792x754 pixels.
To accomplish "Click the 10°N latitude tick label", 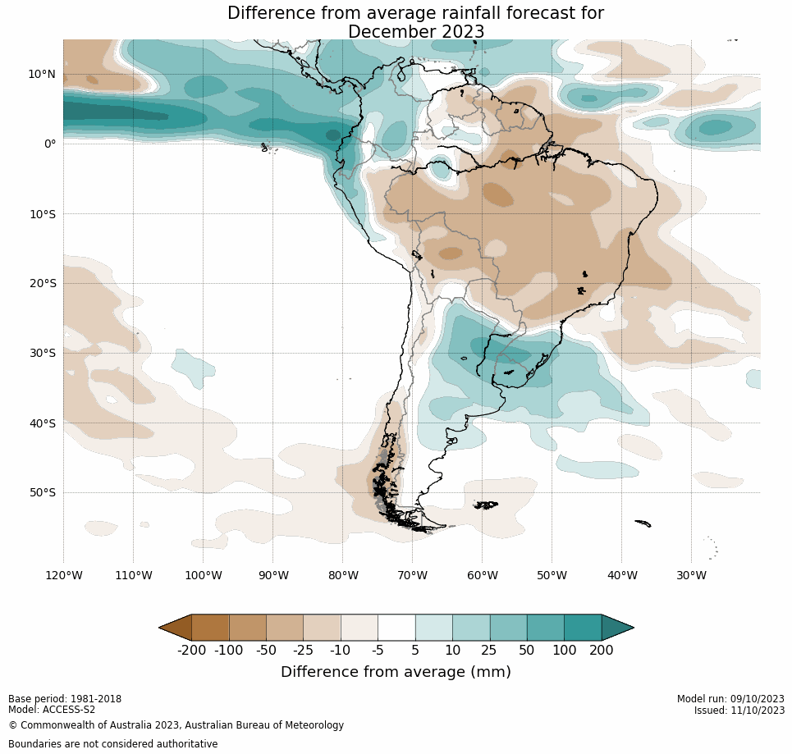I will click(x=42, y=74).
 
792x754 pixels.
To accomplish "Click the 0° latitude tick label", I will click(x=49, y=144).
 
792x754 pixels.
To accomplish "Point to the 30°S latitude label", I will click(x=42, y=353).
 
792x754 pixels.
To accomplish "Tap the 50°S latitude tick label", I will click(x=42, y=492).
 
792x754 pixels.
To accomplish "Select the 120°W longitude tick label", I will click(x=63, y=575).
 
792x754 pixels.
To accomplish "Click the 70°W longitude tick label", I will click(x=412, y=575).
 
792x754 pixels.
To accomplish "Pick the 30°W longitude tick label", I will click(x=691, y=575).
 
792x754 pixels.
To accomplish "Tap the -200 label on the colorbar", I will click(x=191, y=651).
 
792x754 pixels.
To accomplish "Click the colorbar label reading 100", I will click(x=564, y=651).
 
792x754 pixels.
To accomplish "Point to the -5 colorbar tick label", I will click(x=378, y=651).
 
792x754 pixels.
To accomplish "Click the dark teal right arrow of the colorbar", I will click(x=616, y=628).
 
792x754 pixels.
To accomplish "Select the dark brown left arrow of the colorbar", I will click(x=176, y=628).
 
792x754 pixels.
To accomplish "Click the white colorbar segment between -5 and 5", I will click(x=396, y=628).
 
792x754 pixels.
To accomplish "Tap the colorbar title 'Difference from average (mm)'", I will click(x=396, y=672).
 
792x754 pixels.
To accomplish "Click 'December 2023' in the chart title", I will click(x=416, y=32).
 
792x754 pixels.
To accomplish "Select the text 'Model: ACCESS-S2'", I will click(x=52, y=710).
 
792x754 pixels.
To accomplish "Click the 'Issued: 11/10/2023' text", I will click(x=739, y=711).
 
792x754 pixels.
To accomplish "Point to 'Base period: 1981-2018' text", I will click(x=65, y=699).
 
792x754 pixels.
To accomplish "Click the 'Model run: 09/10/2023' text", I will click(x=730, y=699).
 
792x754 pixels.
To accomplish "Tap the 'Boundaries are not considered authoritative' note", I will click(x=112, y=744).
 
